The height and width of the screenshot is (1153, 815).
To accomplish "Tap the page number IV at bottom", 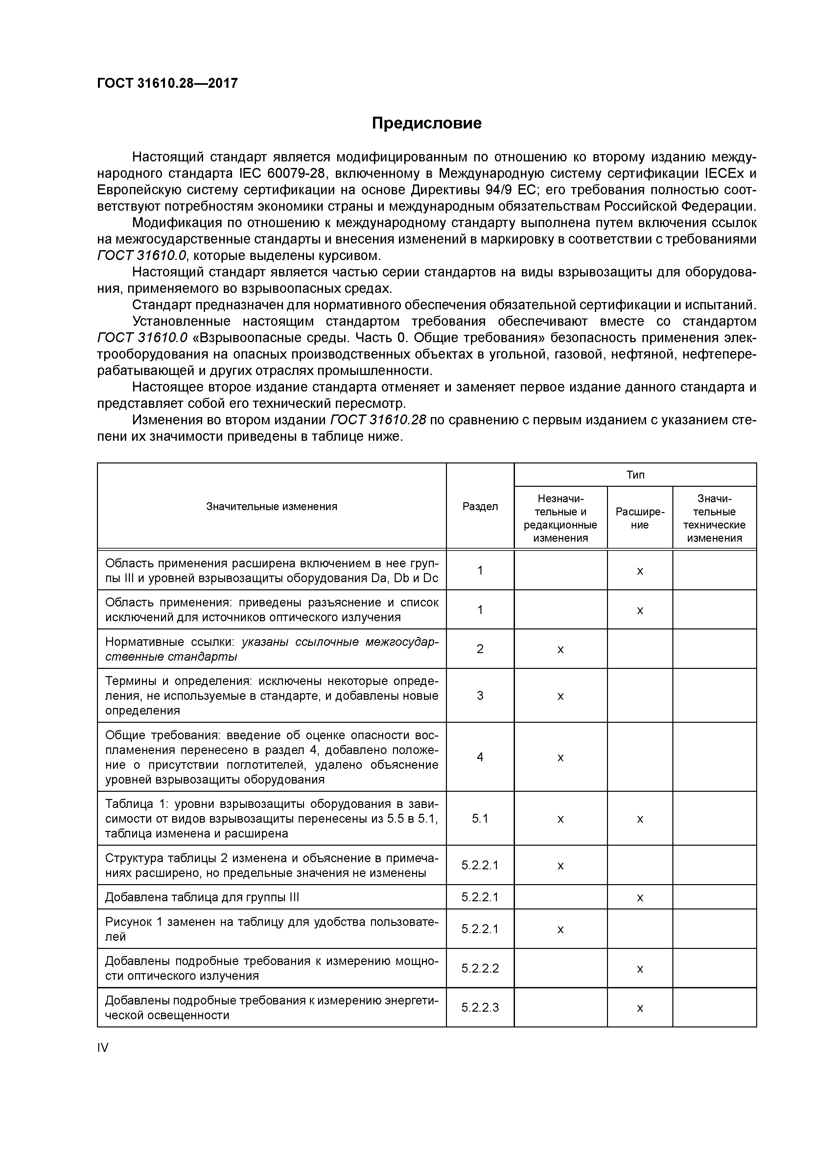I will [x=103, y=1047].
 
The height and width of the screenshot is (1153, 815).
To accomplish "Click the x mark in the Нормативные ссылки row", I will [x=560, y=650].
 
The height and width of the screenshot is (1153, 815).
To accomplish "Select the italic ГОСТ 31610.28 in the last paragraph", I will [x=378, y=420].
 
